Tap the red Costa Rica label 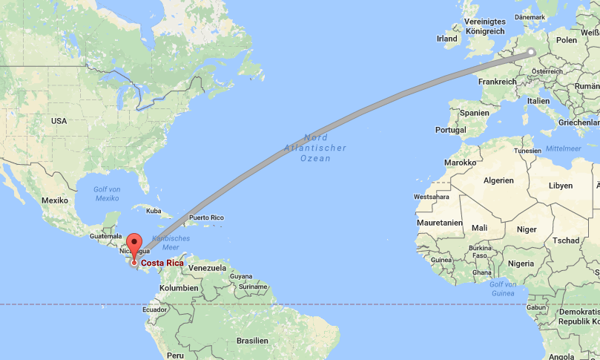coord(163,263)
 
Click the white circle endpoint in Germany coord(532,52)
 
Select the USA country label coord(59,120)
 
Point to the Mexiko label coord(55,200)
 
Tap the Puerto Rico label coord(207,217)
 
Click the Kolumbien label coord(179,287)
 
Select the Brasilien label coord(252,340)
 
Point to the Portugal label coord(450,130)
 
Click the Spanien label coord(475,113)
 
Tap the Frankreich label coord(497,82)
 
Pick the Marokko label coord(460,162)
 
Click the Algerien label coord(498,180)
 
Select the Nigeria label coord(521,263)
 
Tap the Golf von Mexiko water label coord(107,194)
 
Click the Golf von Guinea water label coord(503,289)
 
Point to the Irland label coord(447,39)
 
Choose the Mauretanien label coord(440,222)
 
